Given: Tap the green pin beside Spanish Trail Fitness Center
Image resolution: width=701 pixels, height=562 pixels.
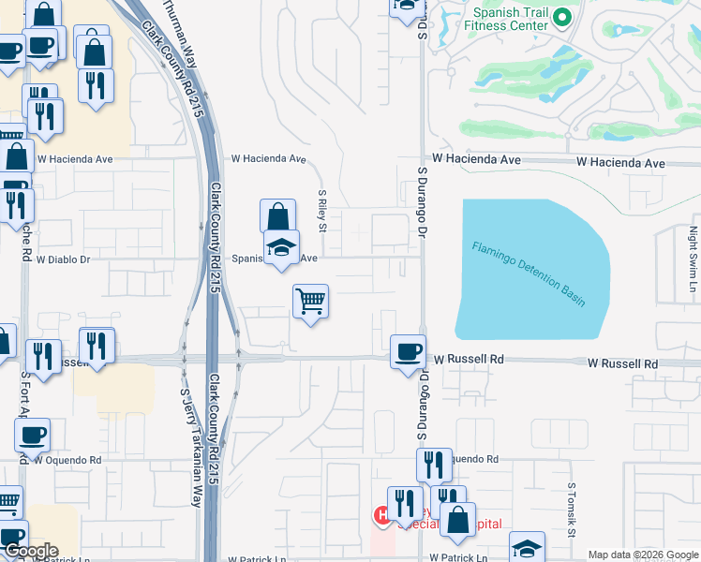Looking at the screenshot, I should (x=562, y=17).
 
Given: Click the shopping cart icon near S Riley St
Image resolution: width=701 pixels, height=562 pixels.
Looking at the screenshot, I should (x=310, y=302).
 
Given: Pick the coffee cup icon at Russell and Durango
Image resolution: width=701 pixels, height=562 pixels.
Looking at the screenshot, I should (x=407, y=352).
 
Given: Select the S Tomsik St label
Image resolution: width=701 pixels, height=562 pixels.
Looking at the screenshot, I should (x=571, y=510).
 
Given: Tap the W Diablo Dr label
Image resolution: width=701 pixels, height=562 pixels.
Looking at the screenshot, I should (x=65, y=259).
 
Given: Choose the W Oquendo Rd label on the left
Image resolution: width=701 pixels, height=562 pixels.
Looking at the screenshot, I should (x=67, y=460).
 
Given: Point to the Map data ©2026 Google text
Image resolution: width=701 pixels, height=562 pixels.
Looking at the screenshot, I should (x=643, y=555).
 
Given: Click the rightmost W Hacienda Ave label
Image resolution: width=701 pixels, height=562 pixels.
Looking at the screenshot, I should (x=620, y=163).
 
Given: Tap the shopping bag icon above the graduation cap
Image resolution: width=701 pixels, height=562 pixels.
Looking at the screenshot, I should (x=278, y=216).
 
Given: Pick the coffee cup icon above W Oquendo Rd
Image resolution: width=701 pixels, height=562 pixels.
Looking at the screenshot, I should (x=33, y=435).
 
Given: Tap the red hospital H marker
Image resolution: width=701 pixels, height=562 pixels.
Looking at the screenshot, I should (x=382, y=514).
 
